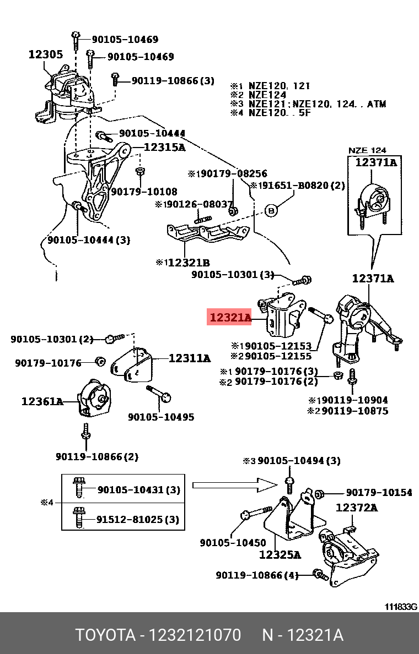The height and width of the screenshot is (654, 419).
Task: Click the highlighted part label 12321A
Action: [x=229, y=318]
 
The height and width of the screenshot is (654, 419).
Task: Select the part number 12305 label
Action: [x=45, y=54]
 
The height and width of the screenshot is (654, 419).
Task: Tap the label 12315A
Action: [x=165, y=148]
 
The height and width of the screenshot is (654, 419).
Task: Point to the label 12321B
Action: [x=189, y=263]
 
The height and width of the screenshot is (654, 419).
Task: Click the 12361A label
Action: [x=42, y=401]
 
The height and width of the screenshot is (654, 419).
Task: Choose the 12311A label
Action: [x=190, y=358]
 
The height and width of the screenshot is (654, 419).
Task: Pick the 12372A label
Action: [x=357, y=508]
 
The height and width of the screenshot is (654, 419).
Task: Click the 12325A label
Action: [x=280, y=554]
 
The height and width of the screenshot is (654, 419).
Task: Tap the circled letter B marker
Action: [x=271, y=210]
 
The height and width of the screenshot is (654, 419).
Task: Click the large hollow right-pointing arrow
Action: [x=234, y=485]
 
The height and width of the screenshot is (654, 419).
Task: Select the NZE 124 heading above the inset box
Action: [x=368, y=150]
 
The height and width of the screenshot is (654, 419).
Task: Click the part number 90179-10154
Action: [x=379, y=493]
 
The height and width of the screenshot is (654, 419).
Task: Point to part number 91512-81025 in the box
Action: [x=138, y=519]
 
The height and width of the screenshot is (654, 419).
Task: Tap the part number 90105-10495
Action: [x=161, y=417]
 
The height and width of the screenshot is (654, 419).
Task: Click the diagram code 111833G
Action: [x=401, y=607]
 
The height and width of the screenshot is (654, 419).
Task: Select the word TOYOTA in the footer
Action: [x=105, y=635]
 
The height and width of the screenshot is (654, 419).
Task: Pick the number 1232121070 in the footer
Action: [x=194, y=635]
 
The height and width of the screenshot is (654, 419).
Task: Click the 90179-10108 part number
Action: [x=144, y=192]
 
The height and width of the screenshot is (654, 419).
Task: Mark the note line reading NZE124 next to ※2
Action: [x=267, y=95]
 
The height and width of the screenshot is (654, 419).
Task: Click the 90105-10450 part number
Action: [x=233, y=542]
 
